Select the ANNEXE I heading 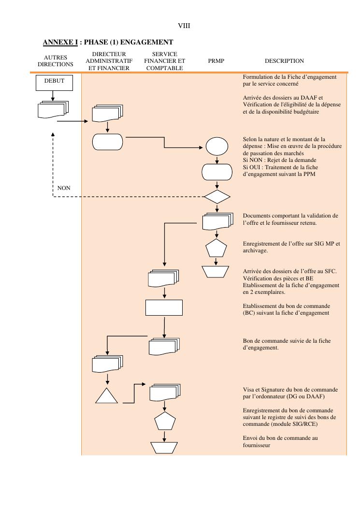tap(108, 43)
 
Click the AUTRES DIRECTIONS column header tap(55, 61)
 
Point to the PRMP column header tap(216, 61)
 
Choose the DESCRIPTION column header tap(284, 61)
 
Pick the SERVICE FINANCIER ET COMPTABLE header tap(164, 61)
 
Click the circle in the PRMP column tap(216, 146)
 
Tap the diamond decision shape tap(217, 197)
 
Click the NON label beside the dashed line tap(64, 188)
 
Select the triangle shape tap(107, 395)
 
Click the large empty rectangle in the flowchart tap(164, 307)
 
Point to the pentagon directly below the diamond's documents tap(216, 248)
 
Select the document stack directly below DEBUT tap(53, 110)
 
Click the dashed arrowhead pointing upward tap(53, 135)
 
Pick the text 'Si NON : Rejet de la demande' tap(274, 160)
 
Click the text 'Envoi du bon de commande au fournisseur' tap(280, 441)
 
